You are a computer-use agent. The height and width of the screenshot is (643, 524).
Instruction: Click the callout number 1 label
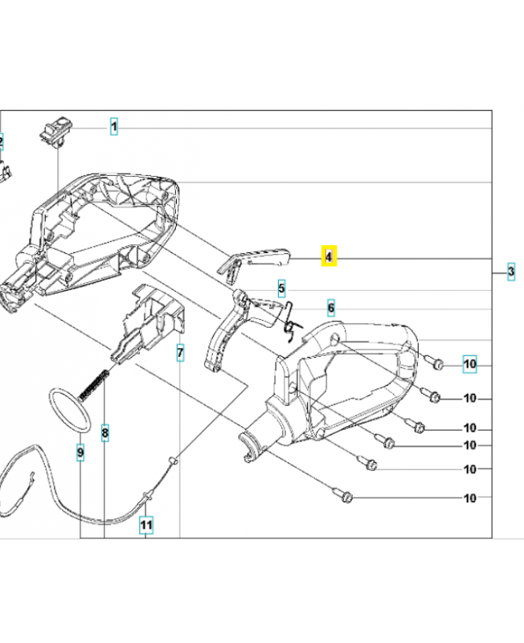[114, 127]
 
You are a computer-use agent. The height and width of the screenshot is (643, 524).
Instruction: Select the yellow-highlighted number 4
[328, 256]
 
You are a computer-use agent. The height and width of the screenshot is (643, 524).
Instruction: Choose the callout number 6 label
[330, 308]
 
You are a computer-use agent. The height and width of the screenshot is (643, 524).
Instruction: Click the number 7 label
[180, 352]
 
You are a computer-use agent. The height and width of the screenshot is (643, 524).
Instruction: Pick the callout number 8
[104, 433]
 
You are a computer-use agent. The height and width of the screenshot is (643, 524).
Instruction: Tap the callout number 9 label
[80, 453]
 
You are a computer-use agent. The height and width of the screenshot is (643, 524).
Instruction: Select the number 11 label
[145, 526]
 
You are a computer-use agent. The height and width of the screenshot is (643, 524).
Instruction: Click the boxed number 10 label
[470, 365]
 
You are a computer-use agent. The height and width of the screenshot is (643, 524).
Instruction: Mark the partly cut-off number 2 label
[2, 143]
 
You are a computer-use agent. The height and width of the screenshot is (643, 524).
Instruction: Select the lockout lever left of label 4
[253, 258]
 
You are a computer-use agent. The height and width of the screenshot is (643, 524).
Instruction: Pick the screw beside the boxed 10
[435, 364]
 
